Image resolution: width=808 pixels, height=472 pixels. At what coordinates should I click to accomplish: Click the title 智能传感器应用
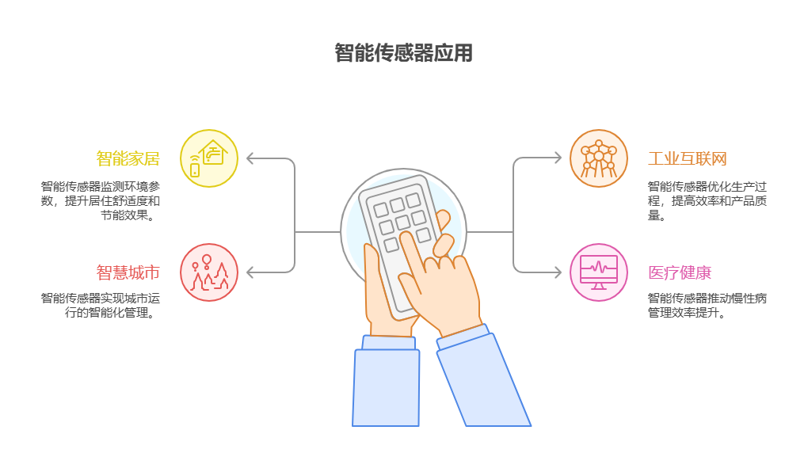[x=403, y=53]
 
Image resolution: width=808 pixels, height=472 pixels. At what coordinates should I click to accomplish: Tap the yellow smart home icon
[x=209, y=158]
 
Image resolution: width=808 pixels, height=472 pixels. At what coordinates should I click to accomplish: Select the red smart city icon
[x=209, y=272]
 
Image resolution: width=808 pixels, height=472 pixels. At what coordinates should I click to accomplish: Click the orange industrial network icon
[x=599, y=158]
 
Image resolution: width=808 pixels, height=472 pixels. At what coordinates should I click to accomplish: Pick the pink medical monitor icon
[x=599, y=272]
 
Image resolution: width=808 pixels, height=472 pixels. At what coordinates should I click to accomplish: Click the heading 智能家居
[x=128, y=158]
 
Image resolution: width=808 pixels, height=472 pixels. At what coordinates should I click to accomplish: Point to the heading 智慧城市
[x=128, y=272]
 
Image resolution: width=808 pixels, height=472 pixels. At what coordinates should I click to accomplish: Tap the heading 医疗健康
[x=680, y=272]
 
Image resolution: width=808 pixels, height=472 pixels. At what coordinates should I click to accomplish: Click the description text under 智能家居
[x=101, y=200]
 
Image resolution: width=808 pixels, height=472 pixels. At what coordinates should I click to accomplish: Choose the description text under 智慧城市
[x=101, y=305]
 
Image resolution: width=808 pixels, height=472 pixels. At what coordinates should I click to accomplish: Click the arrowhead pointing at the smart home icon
[x=250, y=158]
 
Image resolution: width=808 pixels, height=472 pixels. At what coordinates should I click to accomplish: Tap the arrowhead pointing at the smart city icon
[x=250, y=272]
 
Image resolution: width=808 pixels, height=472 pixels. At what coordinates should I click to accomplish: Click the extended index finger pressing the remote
[x=413, y=253]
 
